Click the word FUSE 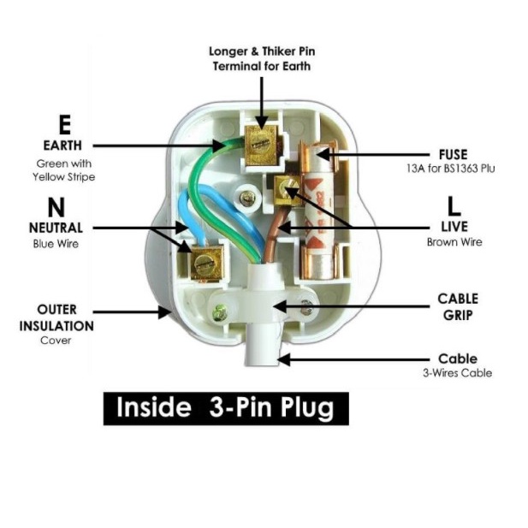point(453,155)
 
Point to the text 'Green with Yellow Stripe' point(65,169)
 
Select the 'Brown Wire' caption point(454,242)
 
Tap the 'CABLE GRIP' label point(457,306)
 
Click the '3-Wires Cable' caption point(458,373)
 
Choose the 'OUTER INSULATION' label point(65,317)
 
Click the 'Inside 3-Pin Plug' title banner point(226,408)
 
